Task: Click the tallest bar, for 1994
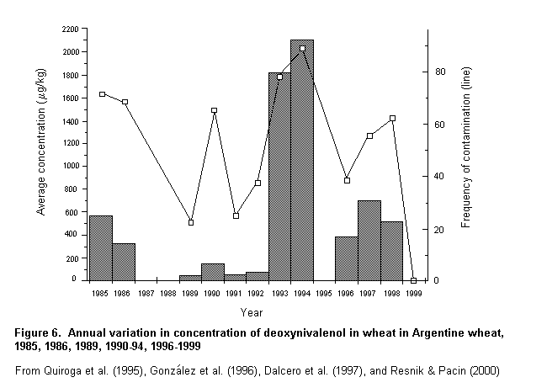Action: coord(301,160)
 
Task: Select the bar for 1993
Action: coord(279,177)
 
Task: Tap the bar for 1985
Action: coord(100,248)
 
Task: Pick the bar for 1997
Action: coord(369,241)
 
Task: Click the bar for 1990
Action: coord(213,272)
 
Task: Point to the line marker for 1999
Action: coord(413,280)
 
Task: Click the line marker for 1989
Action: coord(191,222)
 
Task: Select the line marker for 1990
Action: coord(214,110)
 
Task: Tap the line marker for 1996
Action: coord(347,180)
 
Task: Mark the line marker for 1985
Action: coord(102,94)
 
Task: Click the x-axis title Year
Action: coord(252,312)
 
